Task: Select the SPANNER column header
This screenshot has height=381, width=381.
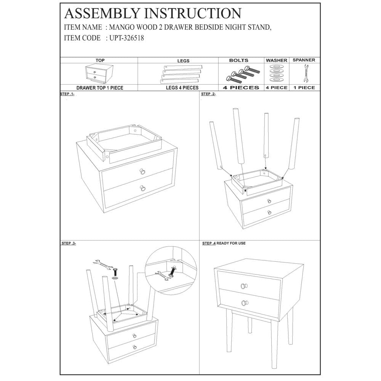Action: coord(304,60)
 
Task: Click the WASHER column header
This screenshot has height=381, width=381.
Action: coord(277,61)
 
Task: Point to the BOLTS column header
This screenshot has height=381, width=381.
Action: coord(239,60)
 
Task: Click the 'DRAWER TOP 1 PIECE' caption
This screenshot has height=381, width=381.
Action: coord(99,88)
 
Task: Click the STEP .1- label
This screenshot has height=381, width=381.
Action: coord(67,94)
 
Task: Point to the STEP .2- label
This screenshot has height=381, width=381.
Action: coord(208,94)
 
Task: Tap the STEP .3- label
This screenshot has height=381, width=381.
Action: coord(69,243)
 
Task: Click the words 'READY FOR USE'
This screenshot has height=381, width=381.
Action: coord(231,243)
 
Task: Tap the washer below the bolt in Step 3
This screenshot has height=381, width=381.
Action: coord(115,279)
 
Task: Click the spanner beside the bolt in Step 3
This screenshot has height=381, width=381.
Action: coord(101,264)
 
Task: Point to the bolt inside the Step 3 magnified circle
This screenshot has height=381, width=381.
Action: coord(174,271)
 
